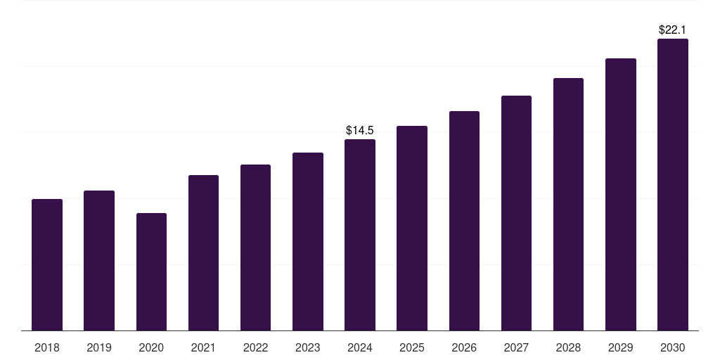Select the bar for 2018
click(47, 264)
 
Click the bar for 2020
click(151, 271)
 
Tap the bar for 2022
click(255, 247)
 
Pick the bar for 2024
click(360, 235)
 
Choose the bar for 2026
click(464, 221)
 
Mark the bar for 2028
click(568, 204)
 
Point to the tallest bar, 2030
click(673, 184)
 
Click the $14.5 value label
click(360, 130)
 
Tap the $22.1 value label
click(673, 30)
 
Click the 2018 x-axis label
click(47, 347)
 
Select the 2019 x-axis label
click(99, 347)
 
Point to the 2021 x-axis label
click(203, 347)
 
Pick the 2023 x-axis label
click(308, 347)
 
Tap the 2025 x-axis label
click(412, 347)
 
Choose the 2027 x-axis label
click(516, 347)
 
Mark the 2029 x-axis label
click(621, 347)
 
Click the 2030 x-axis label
click(673, 347)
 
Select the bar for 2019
click(99, 260)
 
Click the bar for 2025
click(412, 228)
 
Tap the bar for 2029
click(621, 194)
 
